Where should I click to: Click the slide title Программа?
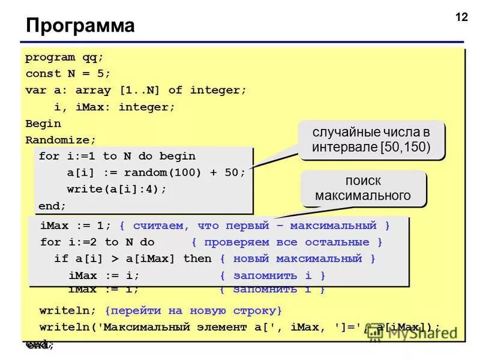(80, 26)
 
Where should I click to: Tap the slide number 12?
(461, 17)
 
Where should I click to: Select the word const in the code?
(43, 74)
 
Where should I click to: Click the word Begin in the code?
(43, 124)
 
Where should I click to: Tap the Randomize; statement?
(61, 140)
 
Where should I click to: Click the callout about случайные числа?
(371, 140)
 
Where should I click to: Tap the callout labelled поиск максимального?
(363, 188)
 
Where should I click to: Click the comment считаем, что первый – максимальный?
(254, 226)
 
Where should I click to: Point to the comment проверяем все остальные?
(287, 242)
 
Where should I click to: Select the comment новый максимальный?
(297, 259)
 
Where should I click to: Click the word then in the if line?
(197, 259)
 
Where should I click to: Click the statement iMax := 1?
(76, 226)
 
